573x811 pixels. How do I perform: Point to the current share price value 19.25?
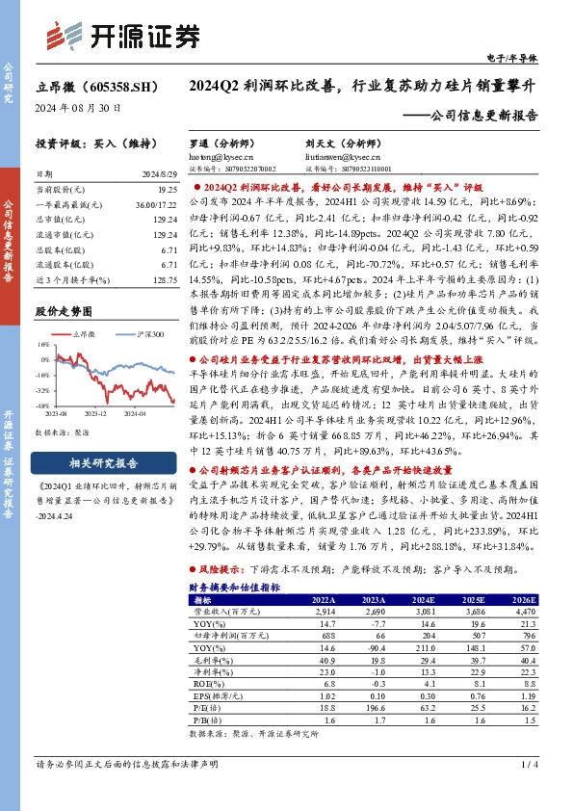169,192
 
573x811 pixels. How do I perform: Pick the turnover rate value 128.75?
166,277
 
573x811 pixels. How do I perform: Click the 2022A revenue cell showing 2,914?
324,611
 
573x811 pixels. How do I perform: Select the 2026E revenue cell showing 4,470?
522,611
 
